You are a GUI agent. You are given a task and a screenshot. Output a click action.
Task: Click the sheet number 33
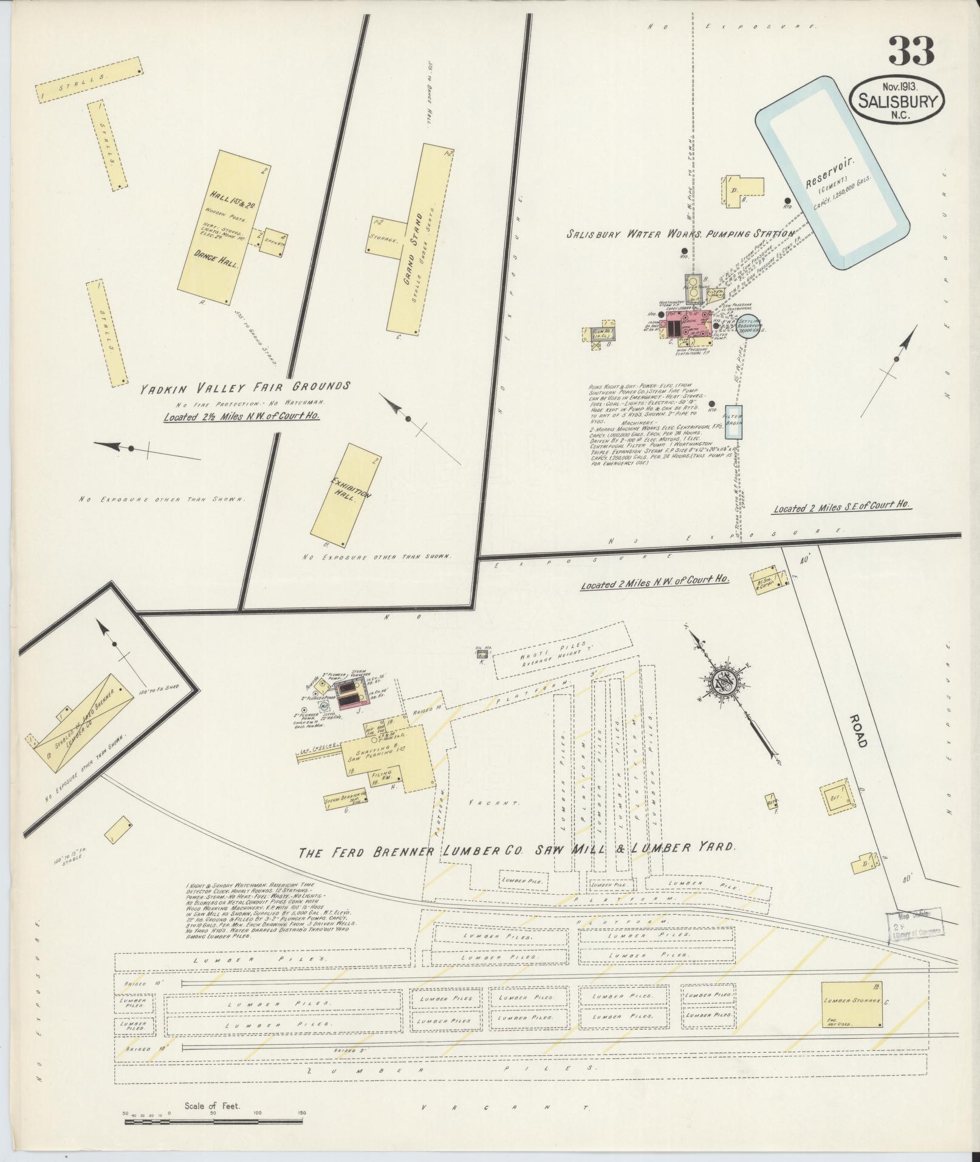tap(911, 52)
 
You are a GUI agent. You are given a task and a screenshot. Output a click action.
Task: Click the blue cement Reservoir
tap(832, 174)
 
